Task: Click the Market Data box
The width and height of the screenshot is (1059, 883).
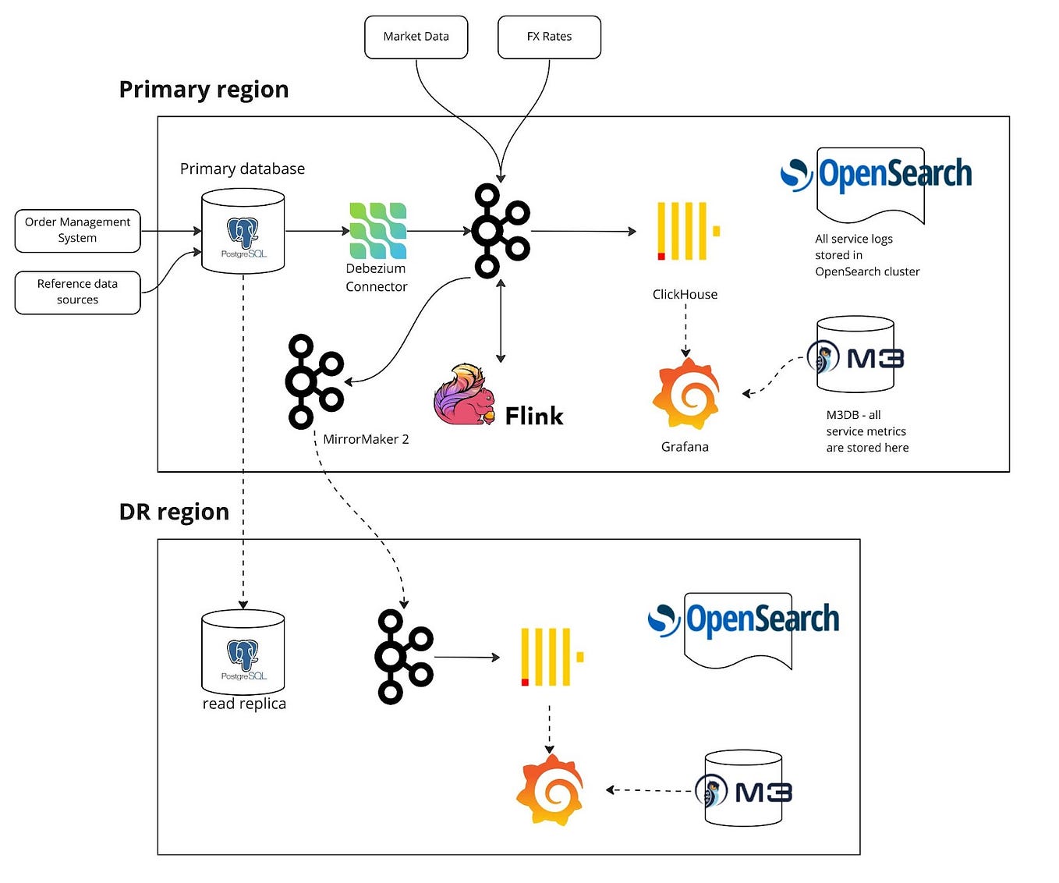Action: click(416, 37)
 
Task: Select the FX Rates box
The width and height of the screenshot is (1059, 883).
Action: click(549, 37)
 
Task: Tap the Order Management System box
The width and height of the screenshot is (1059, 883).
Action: click(77, 230)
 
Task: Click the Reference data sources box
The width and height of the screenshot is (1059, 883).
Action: click(77, 293)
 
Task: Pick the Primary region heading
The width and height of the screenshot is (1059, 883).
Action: click(204, 90)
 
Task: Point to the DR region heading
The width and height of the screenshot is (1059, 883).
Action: click(174, 512)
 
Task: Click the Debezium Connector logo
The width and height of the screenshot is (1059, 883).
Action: click(377, 231)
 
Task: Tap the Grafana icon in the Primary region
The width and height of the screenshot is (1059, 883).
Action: click(685, 395)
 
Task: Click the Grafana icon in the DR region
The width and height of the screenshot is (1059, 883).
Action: click(550, 789)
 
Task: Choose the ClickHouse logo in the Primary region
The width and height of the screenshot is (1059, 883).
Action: click(687, 231)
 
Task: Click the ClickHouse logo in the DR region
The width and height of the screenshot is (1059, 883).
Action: click(551, 657)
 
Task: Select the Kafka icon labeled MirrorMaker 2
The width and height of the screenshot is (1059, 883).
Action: click(314, 381)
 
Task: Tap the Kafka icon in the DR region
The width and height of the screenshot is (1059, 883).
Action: click(404, 657)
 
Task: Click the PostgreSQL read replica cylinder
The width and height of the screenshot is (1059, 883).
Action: click(243, 652)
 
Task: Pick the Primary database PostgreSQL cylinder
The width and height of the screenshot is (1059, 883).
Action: click(243, 231)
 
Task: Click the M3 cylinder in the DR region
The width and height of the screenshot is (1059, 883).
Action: click(743, 789)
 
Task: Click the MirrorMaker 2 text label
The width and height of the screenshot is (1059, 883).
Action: click(366, 439)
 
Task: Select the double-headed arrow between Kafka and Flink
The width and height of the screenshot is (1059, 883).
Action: click(501, 321)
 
